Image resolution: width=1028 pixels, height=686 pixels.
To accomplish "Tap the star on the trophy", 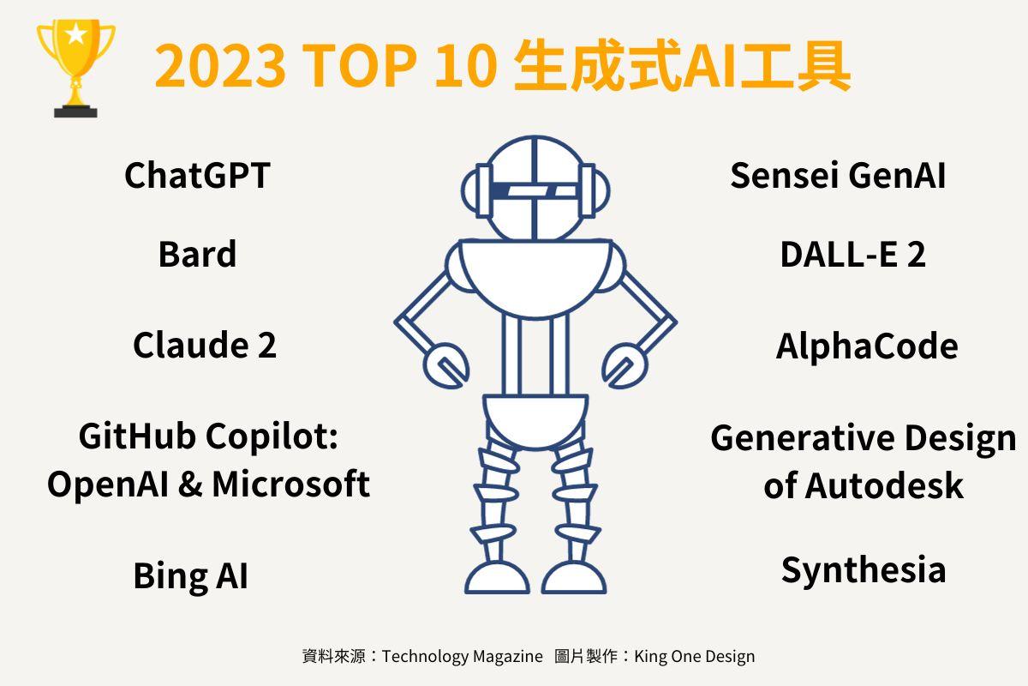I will click(x=75, y=35).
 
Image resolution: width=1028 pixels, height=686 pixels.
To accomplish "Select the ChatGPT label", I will click(x=197, y=176).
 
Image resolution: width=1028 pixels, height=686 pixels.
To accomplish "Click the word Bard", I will click(x=197, y=255).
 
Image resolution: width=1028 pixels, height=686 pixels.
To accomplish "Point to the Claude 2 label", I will click(x=205, y=346).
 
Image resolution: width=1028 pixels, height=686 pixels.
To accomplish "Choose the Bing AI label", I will click(x=190, y=575).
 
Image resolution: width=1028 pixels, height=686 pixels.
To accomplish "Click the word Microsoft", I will click(x=290, y=484).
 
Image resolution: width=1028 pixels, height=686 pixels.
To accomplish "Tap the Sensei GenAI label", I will click(x=838, y=176).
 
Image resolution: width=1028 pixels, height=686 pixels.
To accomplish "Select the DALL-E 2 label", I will click(x=852, y=255).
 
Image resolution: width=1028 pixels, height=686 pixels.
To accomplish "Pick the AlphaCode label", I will click(x=866, y=346).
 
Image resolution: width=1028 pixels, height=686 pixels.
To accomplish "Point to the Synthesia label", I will click(x=864, y=570).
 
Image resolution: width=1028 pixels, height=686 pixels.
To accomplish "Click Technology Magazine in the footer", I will click(x=462, y=657).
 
